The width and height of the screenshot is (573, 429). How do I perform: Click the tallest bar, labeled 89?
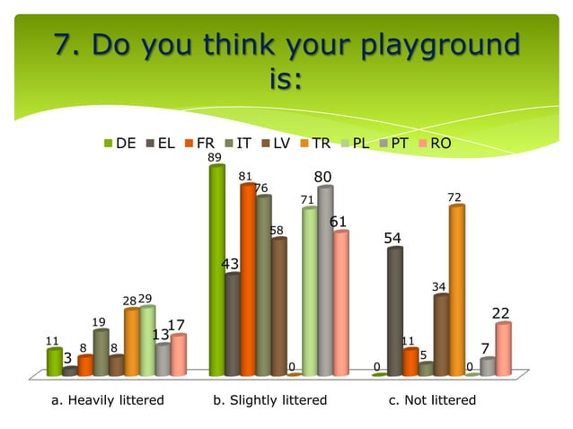click(x=216, y=269)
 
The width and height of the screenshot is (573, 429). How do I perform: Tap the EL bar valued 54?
click(x=395, y=311)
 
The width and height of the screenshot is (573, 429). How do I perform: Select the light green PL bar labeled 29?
click(x=147, y=341)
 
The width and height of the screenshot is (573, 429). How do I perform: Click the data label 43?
click(x=231, y=264)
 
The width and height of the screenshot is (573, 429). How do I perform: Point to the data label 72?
click(x=454, y=197)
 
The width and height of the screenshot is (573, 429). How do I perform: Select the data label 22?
click(x=501, y=313)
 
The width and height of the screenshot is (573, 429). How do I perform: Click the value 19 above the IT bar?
click(x=99, y=321)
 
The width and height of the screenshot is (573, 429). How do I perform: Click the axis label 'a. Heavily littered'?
click(x=106, y=399)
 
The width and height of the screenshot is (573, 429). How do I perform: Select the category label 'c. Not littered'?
click(x=432, y=399)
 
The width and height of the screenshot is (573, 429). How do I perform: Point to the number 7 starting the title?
click(x=65, y=44)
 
